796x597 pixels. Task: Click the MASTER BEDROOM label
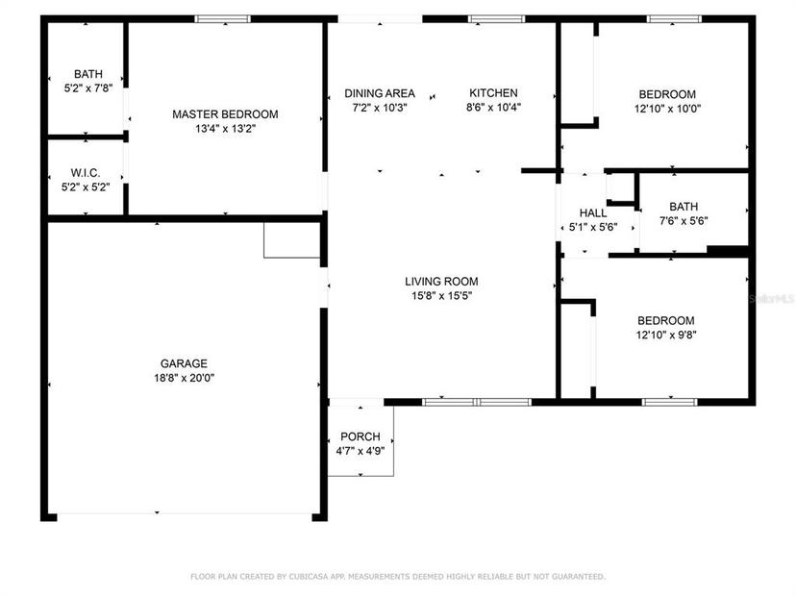(x=225, y=114)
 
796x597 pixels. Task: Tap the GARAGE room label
(x=184, y=363)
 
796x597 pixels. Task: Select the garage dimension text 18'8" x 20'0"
(x=185, y=378)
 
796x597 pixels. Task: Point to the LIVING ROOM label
(x=441, y=282)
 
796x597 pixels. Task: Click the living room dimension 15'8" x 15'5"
(x=441, y=295)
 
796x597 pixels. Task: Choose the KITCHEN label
(x=493, y=93)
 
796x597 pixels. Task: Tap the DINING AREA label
(x=380, y=93)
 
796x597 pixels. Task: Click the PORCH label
(x=361, y=436)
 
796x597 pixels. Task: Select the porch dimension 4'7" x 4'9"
(x=361, y=451)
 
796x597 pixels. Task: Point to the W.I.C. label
(x=86, y=173)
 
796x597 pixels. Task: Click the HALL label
(x=593, y=213)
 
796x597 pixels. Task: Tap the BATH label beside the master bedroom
(x=88, y=74)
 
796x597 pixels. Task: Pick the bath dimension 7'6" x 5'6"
(x=684, y=221)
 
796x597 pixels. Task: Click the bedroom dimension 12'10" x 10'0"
(x=667, y=109)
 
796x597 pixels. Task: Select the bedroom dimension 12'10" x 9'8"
(x=666, y=336)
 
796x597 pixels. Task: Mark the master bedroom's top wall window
(x=223, y=19)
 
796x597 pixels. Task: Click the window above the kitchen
(x=496, y=19)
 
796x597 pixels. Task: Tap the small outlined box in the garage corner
(x=292, y=240)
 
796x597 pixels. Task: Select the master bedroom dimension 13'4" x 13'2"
(x=225, y=129)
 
